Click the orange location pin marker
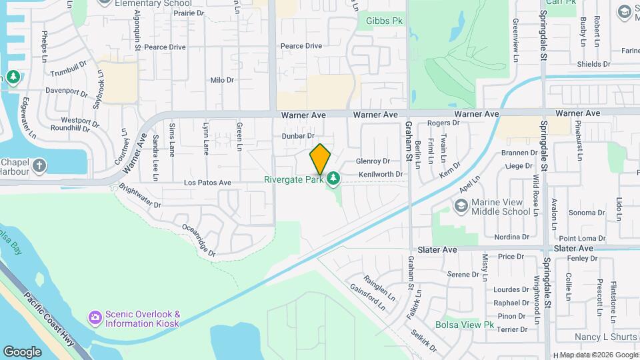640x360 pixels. (320, 159)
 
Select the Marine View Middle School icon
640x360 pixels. (461, 207)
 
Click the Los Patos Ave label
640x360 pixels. (207, 182)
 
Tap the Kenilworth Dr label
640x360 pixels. (381, 174)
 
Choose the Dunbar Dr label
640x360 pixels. (297, 135)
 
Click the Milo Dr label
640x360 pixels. (222, 80)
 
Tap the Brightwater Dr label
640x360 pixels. (140, 196)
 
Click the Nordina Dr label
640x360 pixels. (511, 237)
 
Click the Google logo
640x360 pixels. (22, 351)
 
